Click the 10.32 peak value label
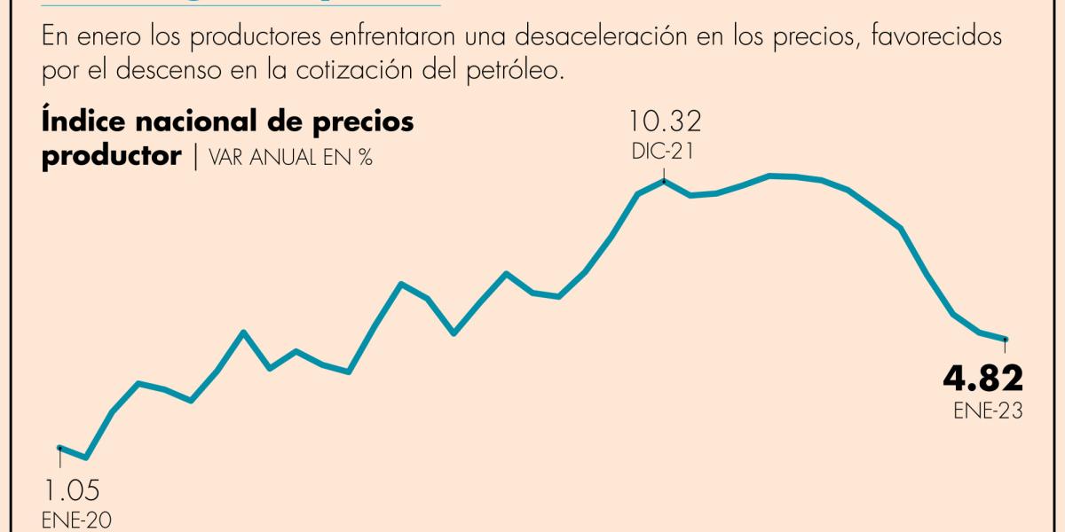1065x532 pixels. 664,121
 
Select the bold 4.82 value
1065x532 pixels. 982,379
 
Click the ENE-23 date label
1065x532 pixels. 988,411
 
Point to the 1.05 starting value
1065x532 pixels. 70,490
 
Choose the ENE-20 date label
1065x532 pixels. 77,520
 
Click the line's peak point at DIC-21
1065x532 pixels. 664,181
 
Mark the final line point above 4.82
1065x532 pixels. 1006,339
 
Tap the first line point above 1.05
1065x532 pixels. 59,448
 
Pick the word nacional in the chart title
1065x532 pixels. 209,121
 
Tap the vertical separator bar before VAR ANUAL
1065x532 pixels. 196,157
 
